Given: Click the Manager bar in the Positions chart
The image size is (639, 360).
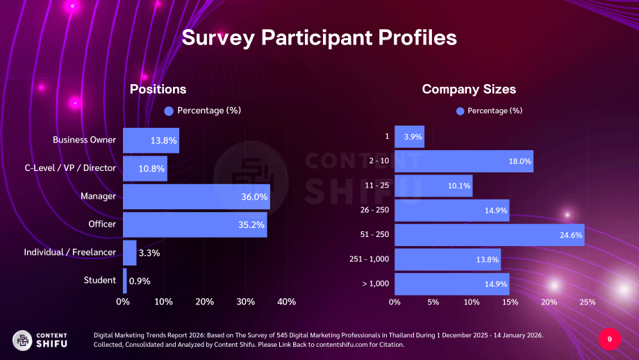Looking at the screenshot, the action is [197, 197].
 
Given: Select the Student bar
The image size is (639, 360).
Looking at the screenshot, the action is [125, 281].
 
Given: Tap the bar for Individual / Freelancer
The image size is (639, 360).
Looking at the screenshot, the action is [130, 253].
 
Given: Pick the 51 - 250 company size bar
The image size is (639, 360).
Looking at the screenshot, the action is [490, 235].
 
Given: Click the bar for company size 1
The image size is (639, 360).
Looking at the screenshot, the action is [410, 137].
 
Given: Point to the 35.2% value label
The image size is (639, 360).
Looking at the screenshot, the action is [251, 224].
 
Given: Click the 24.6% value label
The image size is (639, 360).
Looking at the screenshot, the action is [571, 235].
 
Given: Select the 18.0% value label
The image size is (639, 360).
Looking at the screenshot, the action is [520, 161].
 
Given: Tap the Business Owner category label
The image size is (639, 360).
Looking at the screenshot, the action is [84, 140].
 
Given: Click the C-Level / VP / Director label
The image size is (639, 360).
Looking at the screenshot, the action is [70, 168].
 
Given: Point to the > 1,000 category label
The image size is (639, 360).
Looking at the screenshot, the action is [376, 284].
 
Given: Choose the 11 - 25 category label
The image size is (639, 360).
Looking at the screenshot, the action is [377, 186].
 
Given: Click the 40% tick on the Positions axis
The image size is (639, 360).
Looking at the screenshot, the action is [286, 302].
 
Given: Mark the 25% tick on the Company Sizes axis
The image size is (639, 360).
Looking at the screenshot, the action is [588, 302].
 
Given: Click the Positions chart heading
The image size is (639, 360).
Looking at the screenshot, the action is [158, 89].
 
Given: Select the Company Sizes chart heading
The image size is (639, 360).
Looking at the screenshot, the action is [469, 89].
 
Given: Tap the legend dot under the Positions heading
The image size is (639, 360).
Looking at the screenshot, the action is [169, 111].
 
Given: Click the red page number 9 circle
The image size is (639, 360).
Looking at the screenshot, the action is [610, 339].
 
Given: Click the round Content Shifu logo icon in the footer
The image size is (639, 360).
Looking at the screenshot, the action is [22, 341].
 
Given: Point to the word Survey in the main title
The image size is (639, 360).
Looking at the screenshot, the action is [218, 38].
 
